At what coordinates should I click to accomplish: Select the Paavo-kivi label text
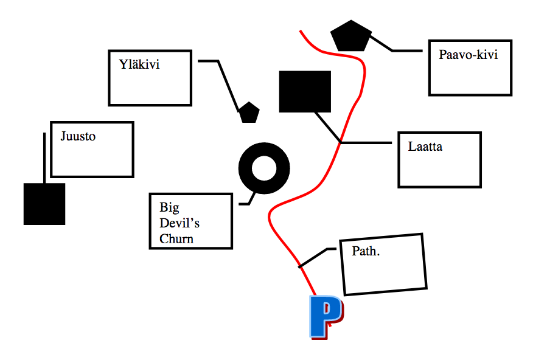[468, 55]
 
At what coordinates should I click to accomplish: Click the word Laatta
[425, 147]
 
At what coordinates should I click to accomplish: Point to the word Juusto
[78, 136]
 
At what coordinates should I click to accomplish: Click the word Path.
[366, 251]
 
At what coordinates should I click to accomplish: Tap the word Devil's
[179, 223]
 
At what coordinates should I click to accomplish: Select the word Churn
[176, 238]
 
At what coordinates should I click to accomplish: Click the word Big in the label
[165, 207]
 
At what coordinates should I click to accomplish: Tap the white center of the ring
[264, 167]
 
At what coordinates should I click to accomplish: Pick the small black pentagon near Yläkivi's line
[248, 112]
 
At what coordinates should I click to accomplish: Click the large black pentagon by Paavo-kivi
[351, 36]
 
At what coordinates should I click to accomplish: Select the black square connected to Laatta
[305, 92]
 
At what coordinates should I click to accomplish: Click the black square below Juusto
[44, 204]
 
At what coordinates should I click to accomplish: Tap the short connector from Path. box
[313, 258]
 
